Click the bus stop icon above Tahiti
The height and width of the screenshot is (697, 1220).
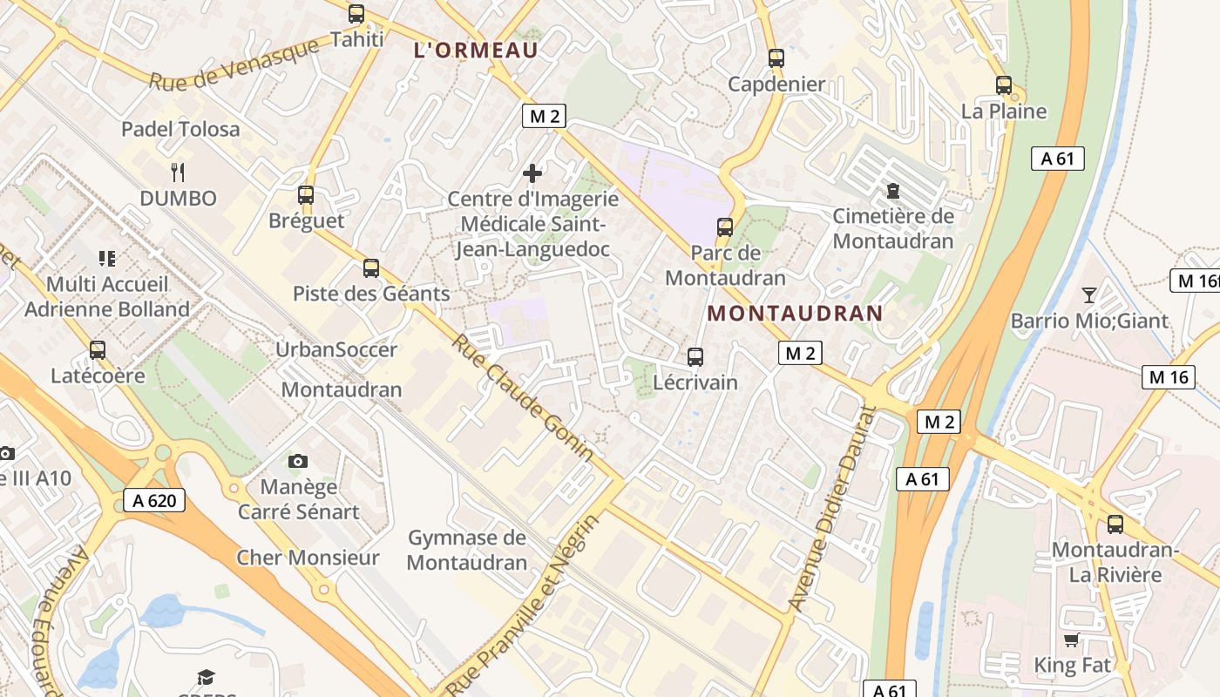tap(356, 14)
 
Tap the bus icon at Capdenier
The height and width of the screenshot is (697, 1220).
tap(776, 58)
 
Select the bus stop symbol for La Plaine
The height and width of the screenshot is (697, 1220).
tap(1004, 85)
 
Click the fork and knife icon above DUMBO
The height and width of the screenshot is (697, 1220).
tap(179, 172)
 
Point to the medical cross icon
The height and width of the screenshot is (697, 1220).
tap(532, 173)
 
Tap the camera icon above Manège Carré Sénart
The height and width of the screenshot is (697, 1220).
tap(298, 461)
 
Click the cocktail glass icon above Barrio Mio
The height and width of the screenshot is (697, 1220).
tap(1088, 294)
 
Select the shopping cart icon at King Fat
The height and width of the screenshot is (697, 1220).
tap(1072, 640)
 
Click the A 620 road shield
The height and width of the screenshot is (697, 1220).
tap(154, 500)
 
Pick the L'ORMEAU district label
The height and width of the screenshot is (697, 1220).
tap(476, 51)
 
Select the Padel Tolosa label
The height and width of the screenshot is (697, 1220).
tap(180, 129)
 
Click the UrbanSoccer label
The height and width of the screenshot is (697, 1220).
tap(336, 349)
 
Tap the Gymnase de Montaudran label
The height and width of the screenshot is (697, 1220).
tap(467, 550)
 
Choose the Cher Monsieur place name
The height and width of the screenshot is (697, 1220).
tap(308, 558)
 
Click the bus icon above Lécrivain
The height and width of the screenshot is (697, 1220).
tap(695, 356)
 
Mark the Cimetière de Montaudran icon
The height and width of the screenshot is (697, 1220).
tap(892, 190)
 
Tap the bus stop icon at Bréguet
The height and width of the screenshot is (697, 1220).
tap(305, 195)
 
